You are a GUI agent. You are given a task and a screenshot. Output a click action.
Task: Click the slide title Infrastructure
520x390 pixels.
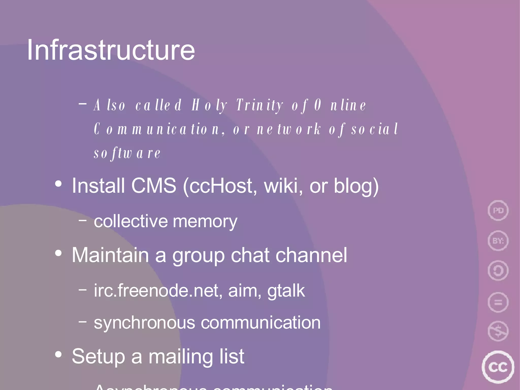pyautogui.click(x=111, y=50)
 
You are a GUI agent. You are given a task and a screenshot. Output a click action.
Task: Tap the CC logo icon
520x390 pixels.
pyautogui.click(x=498, y=367)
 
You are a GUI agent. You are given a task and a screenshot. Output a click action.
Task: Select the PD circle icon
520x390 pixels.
pyautogui.click(x=498, y=210)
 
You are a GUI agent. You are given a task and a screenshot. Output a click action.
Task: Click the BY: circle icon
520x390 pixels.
pyautogui.click(x=498, y=240)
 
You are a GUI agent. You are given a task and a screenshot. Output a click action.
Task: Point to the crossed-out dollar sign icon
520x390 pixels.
pyautogui.click(x=498, y=331)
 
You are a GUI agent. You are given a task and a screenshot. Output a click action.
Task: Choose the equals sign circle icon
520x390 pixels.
pyautogui.click(x=498, y=302)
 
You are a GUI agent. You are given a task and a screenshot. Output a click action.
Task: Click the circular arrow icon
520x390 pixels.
pyautogui.click(x=498, y=271)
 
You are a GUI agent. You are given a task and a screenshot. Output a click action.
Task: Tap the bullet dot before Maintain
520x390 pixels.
pyautogui.click(x=58, y=253)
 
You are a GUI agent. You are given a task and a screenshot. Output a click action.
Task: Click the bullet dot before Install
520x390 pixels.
pyautogui.click(x=58, y=184)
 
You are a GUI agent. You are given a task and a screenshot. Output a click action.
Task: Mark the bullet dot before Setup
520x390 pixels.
pyautogui.click(x=58, y=354)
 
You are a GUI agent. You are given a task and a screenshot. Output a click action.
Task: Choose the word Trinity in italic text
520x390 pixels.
pyautogui.click(x=259, y=105)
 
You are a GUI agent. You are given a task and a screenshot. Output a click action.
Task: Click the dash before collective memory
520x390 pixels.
pyautogui.click(x=83, y=220)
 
